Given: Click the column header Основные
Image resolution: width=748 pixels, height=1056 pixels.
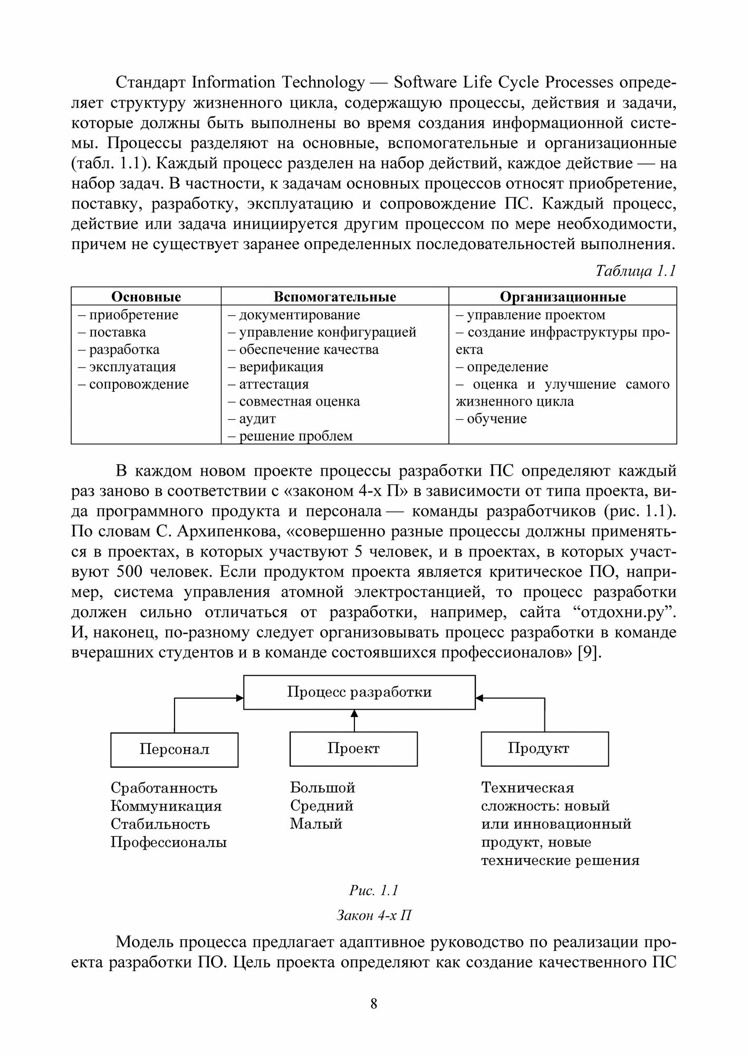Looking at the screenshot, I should (x=146, y=297).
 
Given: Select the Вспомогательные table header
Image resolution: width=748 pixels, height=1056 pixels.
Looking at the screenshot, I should (x=334, y=297).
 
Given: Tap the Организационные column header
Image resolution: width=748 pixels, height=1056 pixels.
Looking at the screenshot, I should (x=562, y=297).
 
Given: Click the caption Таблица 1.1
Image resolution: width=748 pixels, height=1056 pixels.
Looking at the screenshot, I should (x=635, y=271).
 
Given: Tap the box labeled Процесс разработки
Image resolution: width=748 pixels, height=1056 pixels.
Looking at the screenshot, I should (x=359, y=692).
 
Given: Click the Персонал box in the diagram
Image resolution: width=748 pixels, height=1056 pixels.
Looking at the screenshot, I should (x=174, y=749).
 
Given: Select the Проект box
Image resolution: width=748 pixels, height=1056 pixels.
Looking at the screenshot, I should (x=353, y=749).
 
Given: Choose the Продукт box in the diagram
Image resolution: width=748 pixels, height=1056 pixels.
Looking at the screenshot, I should (x=544, y=749).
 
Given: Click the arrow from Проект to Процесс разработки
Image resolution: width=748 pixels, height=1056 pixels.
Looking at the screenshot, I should (x=354, y=720).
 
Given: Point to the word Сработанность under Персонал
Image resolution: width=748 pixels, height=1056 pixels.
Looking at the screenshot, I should (x=164, y=788).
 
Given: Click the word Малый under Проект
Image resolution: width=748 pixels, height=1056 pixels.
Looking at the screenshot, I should (x=316, y=824).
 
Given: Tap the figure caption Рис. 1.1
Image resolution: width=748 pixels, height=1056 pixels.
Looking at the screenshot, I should (x=373, y=891).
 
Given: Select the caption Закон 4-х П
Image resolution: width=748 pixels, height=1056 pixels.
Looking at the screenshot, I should (x=373, y=915).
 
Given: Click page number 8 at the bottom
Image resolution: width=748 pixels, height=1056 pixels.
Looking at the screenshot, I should (x=374, y=1004).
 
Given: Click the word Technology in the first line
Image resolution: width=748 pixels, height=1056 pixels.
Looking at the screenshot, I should (x=323, y=82).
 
